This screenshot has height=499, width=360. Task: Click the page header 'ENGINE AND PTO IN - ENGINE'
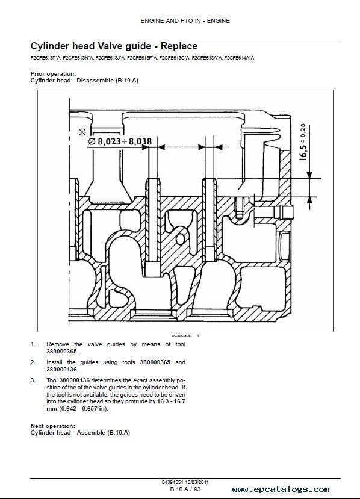pos(185,21)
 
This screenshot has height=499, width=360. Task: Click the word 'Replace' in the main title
pos(179,46)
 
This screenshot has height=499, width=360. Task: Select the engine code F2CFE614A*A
pos(239,58)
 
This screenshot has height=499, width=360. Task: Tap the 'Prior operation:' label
pos(53,74)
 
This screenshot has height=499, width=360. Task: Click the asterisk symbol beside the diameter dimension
pos(82,132)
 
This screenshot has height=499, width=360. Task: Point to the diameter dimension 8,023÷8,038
pos(120,141)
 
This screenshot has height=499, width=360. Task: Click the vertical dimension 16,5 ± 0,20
pos(303,142)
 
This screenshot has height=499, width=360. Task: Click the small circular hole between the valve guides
pos(181,239)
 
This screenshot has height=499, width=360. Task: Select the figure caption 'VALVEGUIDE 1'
pos(185,336)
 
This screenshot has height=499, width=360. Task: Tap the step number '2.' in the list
pos(33,362)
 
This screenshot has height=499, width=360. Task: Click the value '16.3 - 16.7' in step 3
pos(171,401)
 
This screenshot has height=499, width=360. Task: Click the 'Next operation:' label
pos(53,426)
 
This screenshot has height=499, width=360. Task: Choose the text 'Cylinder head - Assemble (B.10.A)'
pos(80,433)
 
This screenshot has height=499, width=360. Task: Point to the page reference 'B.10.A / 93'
pos(185,489)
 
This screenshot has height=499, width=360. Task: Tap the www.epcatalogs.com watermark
pos(281,489)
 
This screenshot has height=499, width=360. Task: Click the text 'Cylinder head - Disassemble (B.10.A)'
pos(84,81)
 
